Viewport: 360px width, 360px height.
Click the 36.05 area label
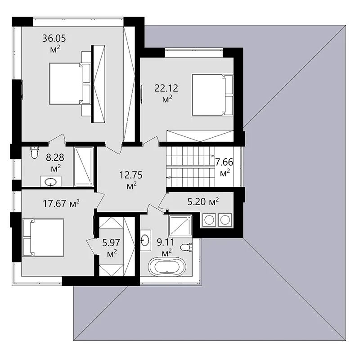(54, 43)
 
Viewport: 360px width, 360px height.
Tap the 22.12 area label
(166, 93)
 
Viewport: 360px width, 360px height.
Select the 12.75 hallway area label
(131, 180)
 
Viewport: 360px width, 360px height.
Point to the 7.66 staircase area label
(224, 167)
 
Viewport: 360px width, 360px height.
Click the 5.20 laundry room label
(203, 202)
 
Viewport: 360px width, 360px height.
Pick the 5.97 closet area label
(111, 247)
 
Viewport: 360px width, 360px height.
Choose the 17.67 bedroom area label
(61, 203)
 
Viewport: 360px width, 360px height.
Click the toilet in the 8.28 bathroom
(35, 153)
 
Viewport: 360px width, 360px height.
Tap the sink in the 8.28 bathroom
(50, 182)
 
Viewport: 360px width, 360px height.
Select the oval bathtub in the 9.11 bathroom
(167, 267)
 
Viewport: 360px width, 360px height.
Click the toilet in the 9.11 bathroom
(186, 247)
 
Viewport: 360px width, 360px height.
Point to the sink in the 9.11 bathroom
(145, 240)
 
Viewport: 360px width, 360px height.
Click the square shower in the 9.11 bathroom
(180, 226)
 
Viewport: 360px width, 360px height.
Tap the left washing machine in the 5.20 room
(209, 220)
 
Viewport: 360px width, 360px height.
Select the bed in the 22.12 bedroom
(212, 94)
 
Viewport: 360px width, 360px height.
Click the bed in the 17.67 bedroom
(43, 238)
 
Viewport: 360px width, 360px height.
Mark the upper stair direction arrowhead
(213, 156)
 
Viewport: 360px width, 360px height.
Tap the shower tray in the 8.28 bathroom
(84, 167)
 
